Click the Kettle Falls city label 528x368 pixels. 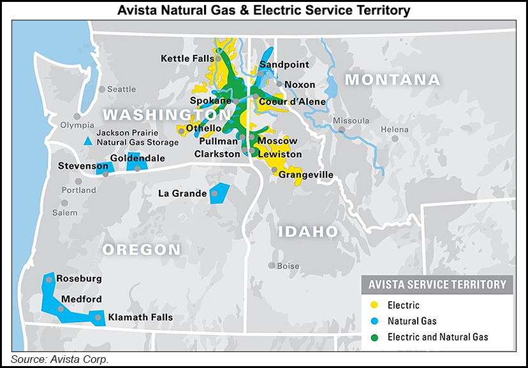[187, 59]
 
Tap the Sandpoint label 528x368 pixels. [284, 64]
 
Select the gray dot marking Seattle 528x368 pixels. [101, 89]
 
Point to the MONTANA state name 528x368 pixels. [392, 80]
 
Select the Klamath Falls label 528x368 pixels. [140, 318]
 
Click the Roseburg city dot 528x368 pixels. [49, 279]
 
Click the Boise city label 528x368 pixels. [288, 265]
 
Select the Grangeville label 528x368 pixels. [306, 174]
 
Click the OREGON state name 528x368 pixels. [142, 249]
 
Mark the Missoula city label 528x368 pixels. [351, 120]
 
